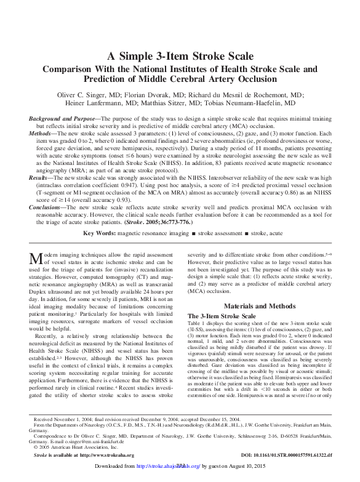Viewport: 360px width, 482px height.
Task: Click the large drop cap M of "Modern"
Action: pyautogui.click(x=34, y=257)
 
